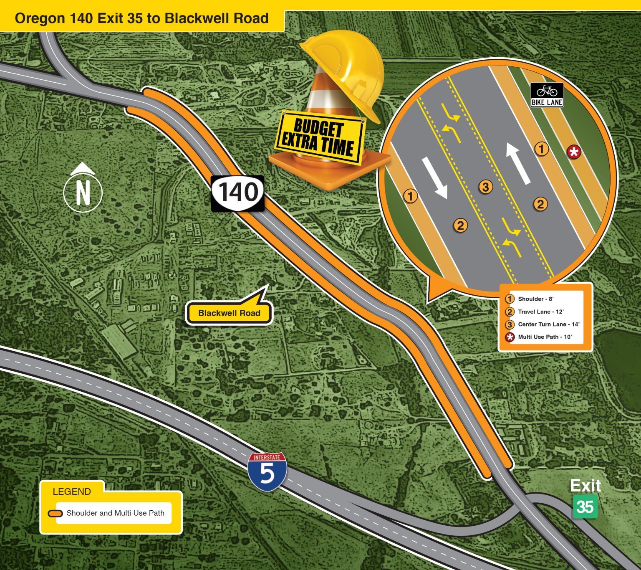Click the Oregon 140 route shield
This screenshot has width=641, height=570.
pyautogui.click(x=238, y=193)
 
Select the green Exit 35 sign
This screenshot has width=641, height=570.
pyautogui.click(x=585, y=507)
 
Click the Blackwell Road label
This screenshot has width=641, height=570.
pyautogui.click(x=229, y=313)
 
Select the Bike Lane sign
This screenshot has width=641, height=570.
pyautogui.click(x=547, y=95)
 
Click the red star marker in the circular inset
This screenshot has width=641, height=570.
pyautogui.click(x=574, y=152)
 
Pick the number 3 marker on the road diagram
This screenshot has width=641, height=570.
pyautogui.click(x=485, y=187)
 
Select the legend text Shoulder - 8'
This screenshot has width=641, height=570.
pyautogui.click(x=535, y=299)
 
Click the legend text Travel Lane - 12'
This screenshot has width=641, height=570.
pyautogui.click(x=540, y=312)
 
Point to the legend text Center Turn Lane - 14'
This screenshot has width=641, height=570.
pyautogui.click(x=548, y=324)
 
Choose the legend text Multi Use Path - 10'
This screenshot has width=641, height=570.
pyautogui.click(x=545, y=337)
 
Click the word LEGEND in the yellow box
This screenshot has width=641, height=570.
pyautogui.click(x=72, y=491)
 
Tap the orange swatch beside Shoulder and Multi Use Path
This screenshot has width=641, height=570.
pyautogui.click(x=55, y=513)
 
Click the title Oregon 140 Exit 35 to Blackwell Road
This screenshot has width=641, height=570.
pyautogui.click(x=141, y=18)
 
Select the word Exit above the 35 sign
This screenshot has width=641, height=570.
pyautogui.click(x=585, y=486)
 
